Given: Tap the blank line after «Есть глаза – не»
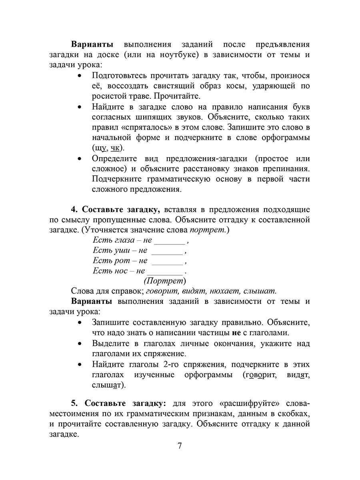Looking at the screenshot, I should (x=170, y=241).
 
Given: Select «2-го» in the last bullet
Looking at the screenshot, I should (x=171, y=364).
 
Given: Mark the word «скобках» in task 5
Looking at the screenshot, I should (x=294, y=412).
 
